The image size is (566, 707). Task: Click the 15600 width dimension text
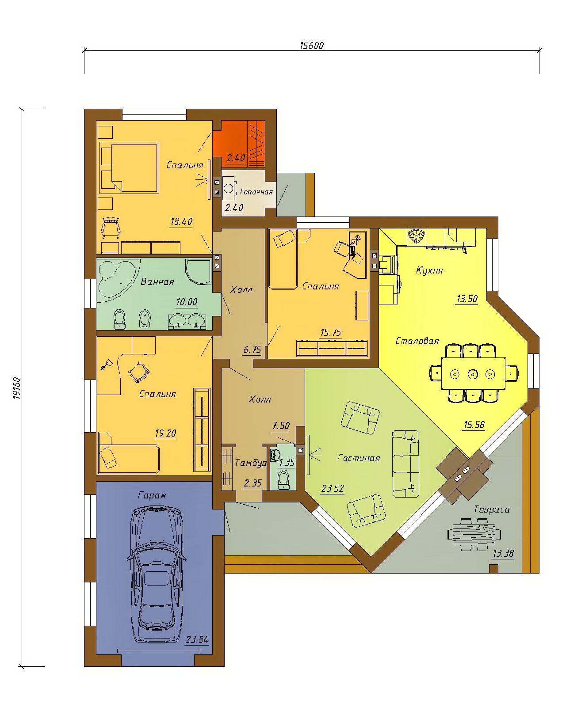[311, 46]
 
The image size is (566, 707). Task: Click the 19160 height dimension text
[16, 388]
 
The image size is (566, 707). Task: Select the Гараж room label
[152, 495]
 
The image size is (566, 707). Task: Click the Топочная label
[256, 192]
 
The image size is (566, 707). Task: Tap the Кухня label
[429, 270]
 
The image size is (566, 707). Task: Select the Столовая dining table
[473, 373]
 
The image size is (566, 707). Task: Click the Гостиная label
[359, 458]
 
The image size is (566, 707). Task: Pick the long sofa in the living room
[405, 464]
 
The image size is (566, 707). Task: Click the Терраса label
[492, 509]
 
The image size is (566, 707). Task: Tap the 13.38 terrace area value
[503, 554]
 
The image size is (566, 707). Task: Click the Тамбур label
[251, 463]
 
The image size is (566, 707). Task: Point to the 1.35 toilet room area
[287, 463]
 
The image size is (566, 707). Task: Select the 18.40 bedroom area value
[181, 221]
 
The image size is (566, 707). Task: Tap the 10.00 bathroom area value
[187, 302]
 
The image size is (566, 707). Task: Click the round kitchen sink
[417, 236]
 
